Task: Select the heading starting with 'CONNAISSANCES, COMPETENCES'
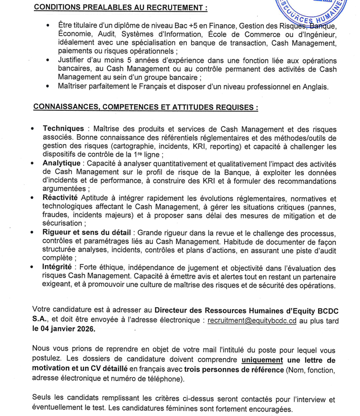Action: [x=145, y=108]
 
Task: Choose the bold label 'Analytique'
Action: [x=61, y=163]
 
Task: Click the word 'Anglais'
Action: [x=314, y=86]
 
